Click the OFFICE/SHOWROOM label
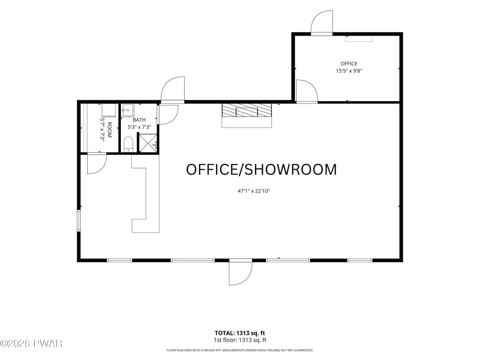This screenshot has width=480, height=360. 262,170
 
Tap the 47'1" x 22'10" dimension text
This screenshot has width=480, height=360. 254,191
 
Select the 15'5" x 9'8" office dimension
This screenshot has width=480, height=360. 349,71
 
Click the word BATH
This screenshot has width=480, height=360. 139,120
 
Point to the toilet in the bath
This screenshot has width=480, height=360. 128,144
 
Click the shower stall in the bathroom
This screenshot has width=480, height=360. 148,142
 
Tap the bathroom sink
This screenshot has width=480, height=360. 127,110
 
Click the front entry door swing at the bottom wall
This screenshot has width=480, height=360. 240,272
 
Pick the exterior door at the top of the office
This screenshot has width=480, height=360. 322,22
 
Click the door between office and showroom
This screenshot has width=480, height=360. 307,91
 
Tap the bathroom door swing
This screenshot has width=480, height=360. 167,114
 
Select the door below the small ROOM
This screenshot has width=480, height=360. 97,164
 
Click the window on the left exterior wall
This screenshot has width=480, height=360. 79,220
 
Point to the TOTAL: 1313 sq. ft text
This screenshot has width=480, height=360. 240,333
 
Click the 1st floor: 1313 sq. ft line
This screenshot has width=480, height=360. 240,340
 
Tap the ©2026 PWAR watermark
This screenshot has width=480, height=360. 31,344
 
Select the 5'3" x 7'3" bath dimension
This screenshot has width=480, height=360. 139,127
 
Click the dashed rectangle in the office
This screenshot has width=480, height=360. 359,38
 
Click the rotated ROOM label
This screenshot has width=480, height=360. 110,130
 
